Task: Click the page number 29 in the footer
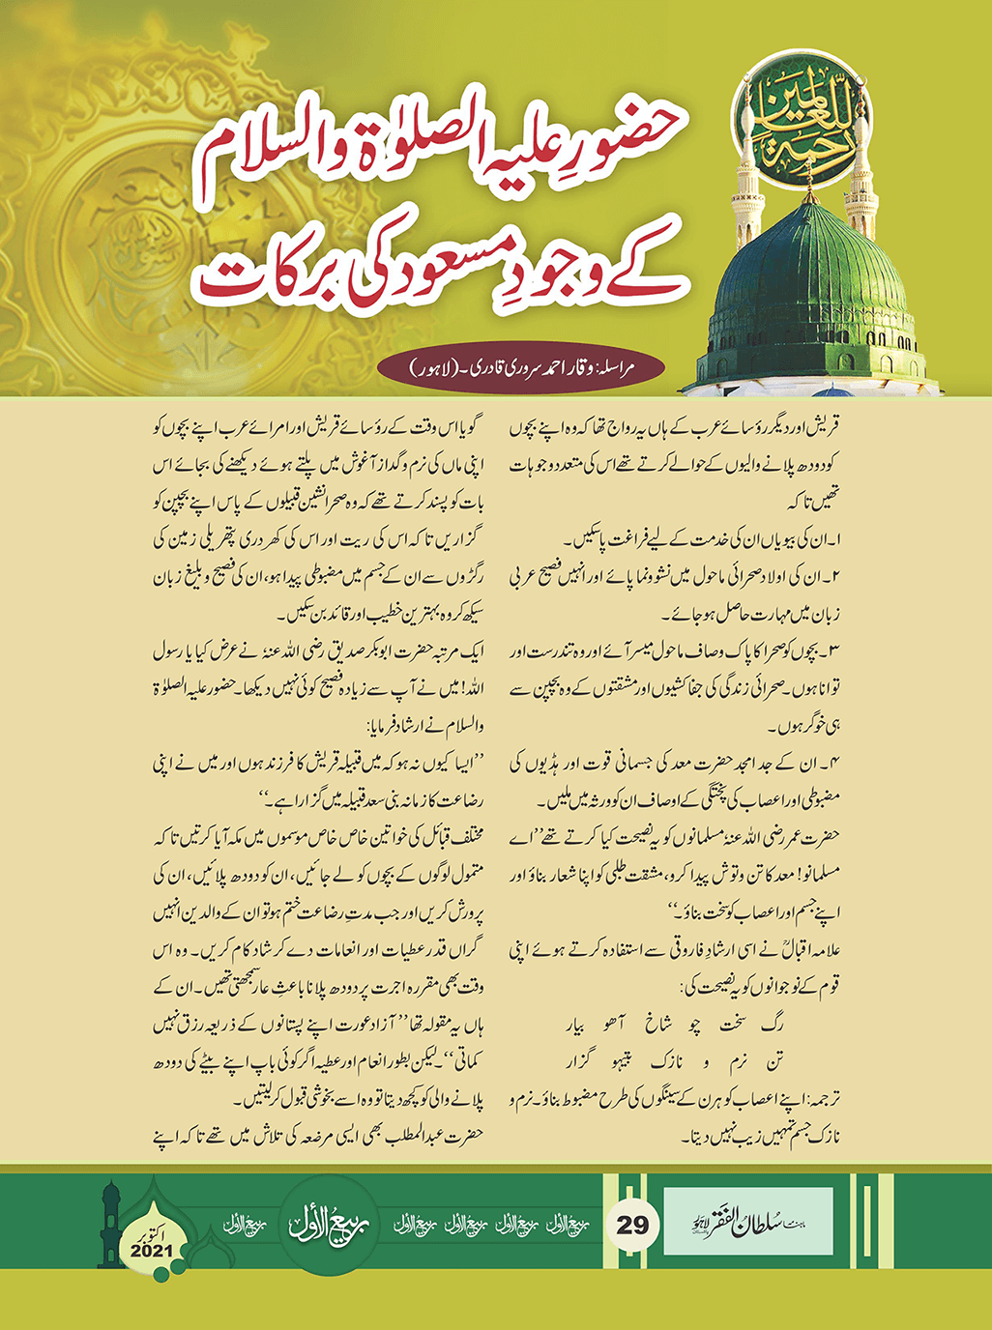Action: point(632,1225)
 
